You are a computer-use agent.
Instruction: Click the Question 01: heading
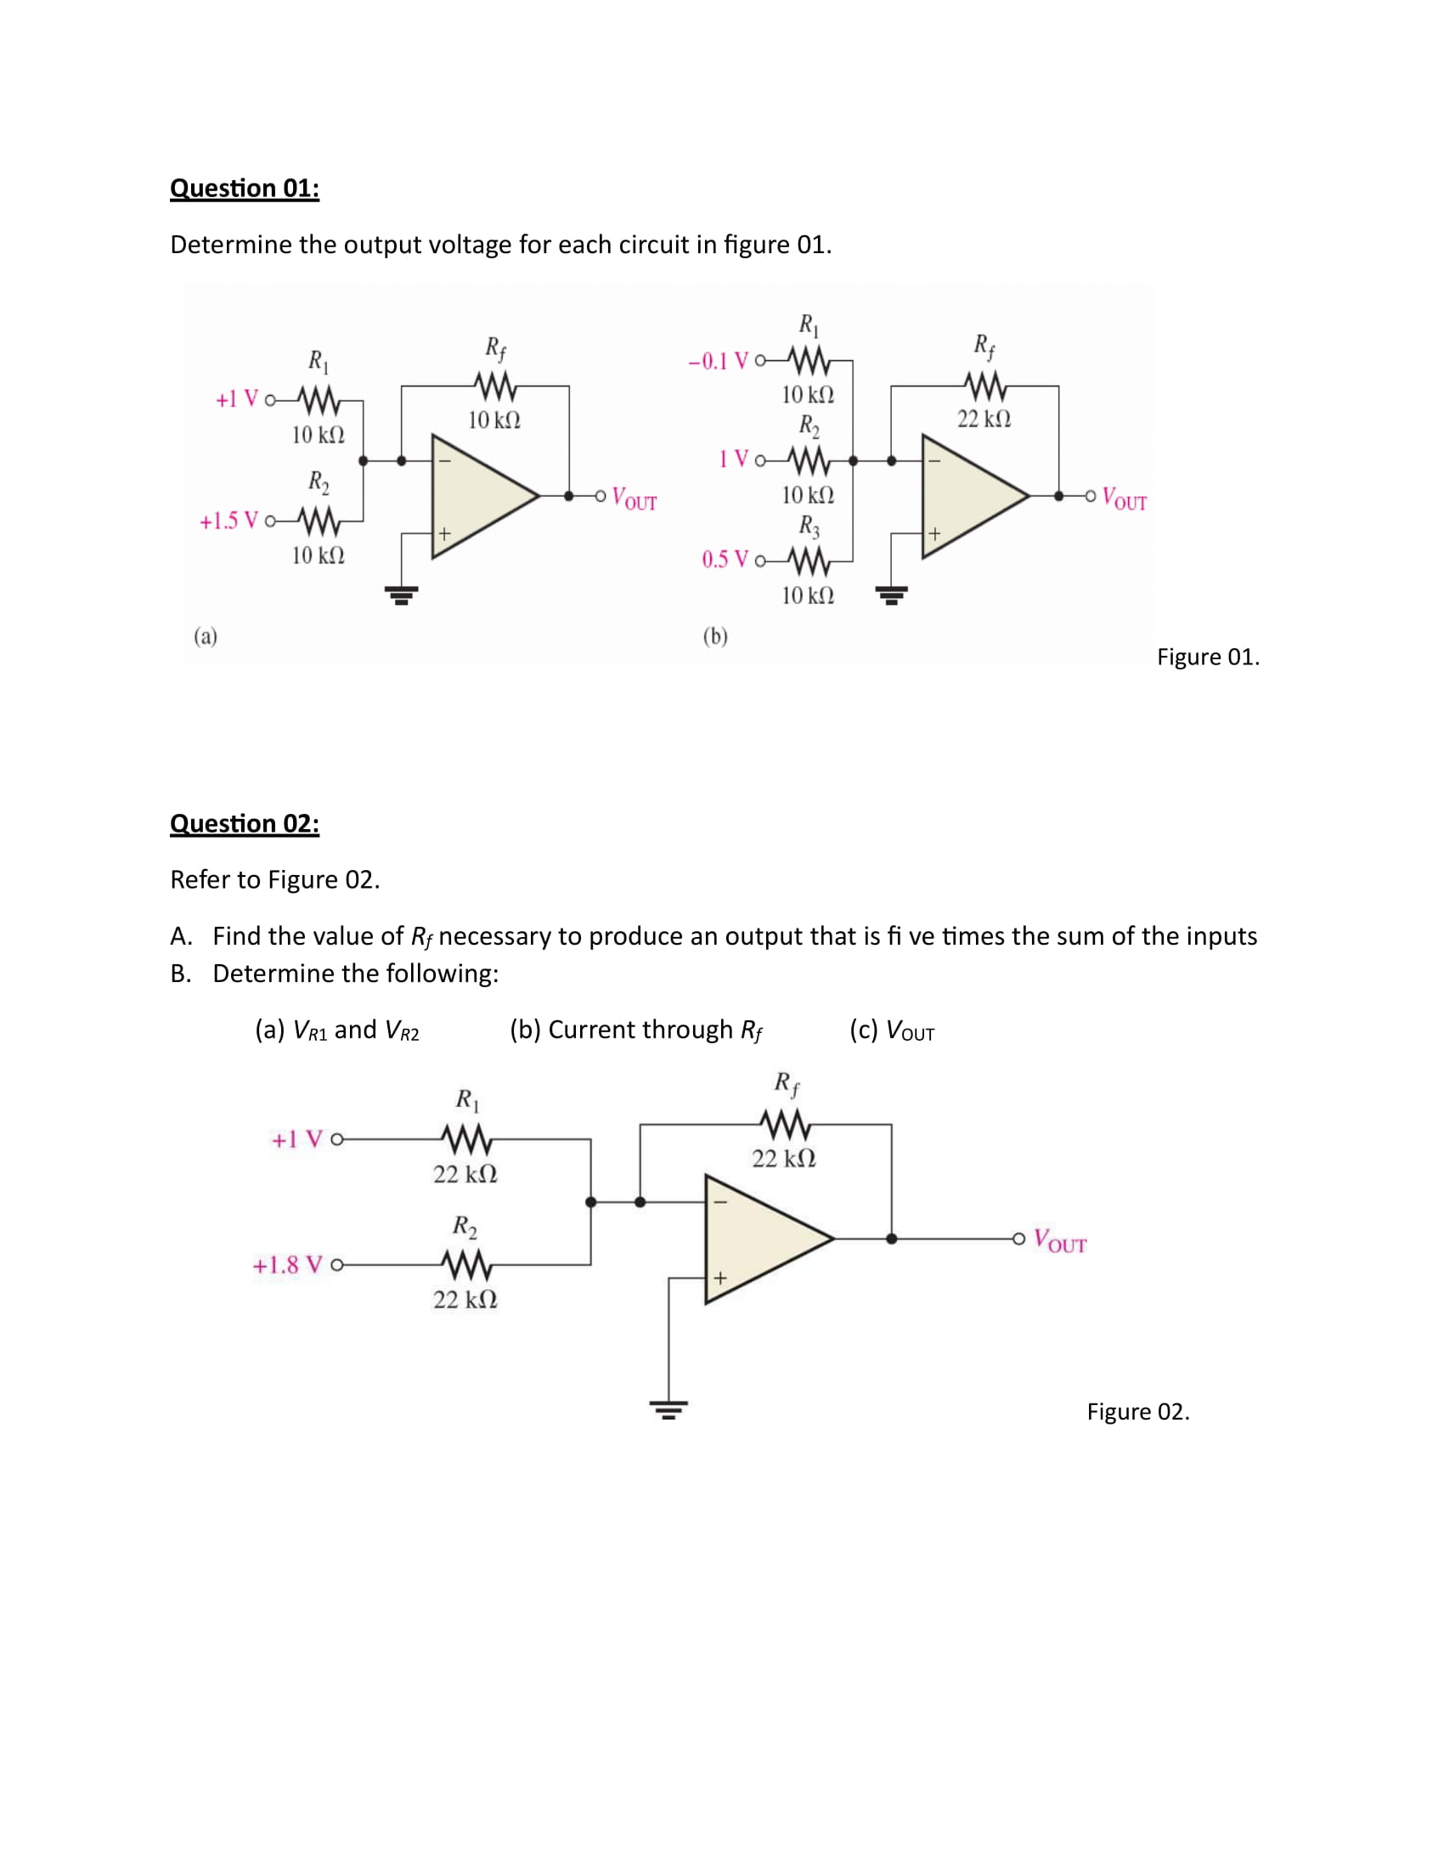coord(245,189)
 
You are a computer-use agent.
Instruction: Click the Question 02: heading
coord(245,823)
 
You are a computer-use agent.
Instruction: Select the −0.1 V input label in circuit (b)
coord(719,361)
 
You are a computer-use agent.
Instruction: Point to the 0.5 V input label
coord(725,560)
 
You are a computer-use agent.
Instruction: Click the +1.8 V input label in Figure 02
coord(287,1265)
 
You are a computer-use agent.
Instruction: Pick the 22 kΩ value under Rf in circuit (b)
coord(984,419)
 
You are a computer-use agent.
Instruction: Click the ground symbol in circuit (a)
coord(401,594)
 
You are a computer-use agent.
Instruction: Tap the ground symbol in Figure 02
coord(669,1409)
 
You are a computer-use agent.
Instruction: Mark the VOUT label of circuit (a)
coord(635,499)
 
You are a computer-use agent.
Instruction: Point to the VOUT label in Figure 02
coord(1060,1240)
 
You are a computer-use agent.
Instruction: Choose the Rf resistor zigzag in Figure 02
coord(784,1124)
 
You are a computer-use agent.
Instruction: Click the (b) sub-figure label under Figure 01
coord(715,635)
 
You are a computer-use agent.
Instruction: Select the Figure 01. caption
coord(1208,657)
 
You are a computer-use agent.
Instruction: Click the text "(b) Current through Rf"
coord(635,1030)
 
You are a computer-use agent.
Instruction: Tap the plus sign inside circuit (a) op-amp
coord(445,534)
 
